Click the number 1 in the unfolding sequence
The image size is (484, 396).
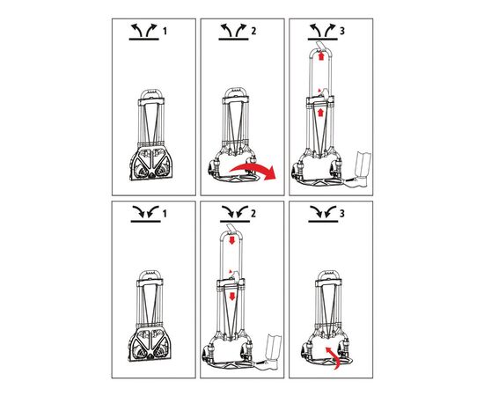[x=165, y=31]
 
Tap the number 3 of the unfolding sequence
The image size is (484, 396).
[x=342, y=31]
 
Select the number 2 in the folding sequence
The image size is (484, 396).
[x=253, y=213]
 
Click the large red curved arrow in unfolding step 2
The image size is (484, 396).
[x=253, y=171]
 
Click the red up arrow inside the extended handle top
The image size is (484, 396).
[x=321, y=56]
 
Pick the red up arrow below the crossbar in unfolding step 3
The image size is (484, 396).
[x=320, y=113]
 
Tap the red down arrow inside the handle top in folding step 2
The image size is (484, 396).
[x=232, y=240]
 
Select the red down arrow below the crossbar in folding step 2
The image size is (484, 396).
[x=231, y=297]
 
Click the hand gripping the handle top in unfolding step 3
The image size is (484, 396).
[x=321, y=45]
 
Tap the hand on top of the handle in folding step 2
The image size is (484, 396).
[x=231, y=229]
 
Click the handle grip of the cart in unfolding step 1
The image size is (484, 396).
[x=150, y=93]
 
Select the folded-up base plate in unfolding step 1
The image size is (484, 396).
[x=151, y=164]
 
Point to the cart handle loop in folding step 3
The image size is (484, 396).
[x=328, y=275]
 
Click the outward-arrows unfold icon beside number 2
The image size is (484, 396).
[x=233, y=32]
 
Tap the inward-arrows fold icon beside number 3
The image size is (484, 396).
[x=323, y=214]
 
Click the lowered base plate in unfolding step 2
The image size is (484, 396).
[x=236, y=179]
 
